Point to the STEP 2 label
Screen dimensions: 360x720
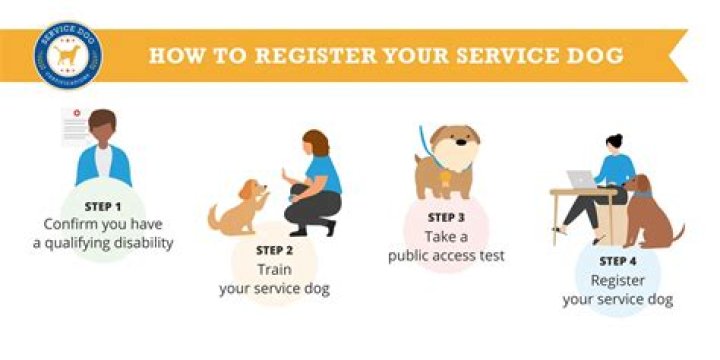274,250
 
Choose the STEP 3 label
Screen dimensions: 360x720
446,217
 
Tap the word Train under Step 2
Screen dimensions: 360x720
274,270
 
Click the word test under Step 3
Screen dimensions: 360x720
488,255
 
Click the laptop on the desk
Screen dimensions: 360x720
581,179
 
